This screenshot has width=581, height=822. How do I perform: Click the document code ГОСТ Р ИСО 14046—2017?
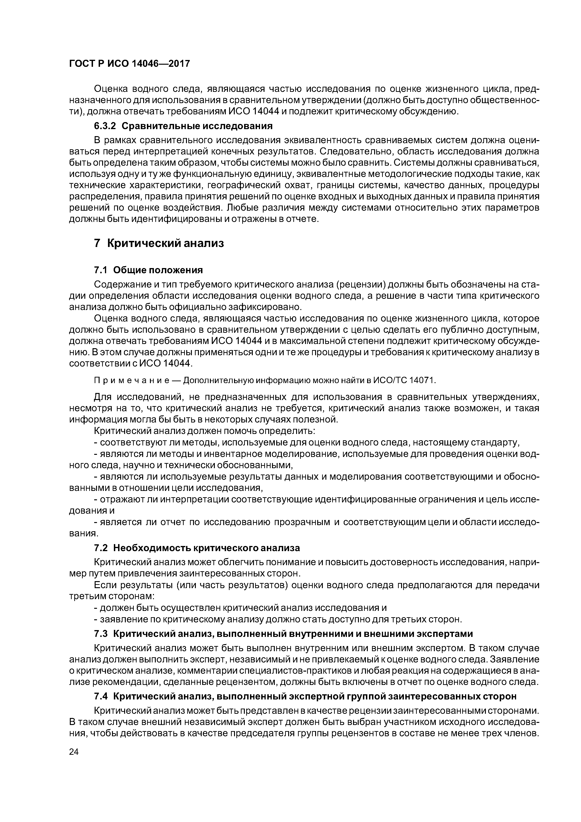[x=129, y=64]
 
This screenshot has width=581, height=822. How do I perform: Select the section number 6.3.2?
[x=106, y=126]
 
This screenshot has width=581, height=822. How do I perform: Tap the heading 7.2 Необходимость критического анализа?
[x=197, y=548]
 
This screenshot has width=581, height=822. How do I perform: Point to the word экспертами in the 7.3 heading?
[x=445, y=634]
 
